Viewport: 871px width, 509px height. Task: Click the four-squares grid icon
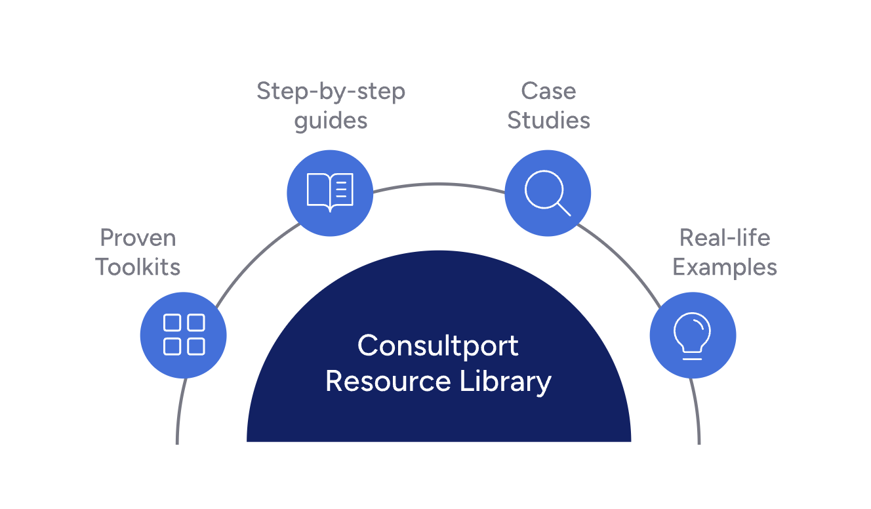pos(184,335)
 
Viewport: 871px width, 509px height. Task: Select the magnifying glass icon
pos(548,193)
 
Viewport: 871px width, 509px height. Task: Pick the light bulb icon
pos(693,335)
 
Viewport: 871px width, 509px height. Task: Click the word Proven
pos(138,237)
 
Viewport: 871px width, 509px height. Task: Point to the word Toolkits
pos(138,267)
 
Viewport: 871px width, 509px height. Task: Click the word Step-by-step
pos(331,91)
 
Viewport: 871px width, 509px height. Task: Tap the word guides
pos(331,121)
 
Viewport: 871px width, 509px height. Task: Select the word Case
pos(548,91)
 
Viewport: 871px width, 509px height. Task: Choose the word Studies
pos(548,121)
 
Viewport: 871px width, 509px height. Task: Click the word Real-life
pos(725,237)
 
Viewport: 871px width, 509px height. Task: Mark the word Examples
pos(725,268)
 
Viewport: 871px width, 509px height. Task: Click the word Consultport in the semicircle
pos(438,346)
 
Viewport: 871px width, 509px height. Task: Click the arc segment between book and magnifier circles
pos(438,184)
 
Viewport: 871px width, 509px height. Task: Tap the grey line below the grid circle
pos(178,413)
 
